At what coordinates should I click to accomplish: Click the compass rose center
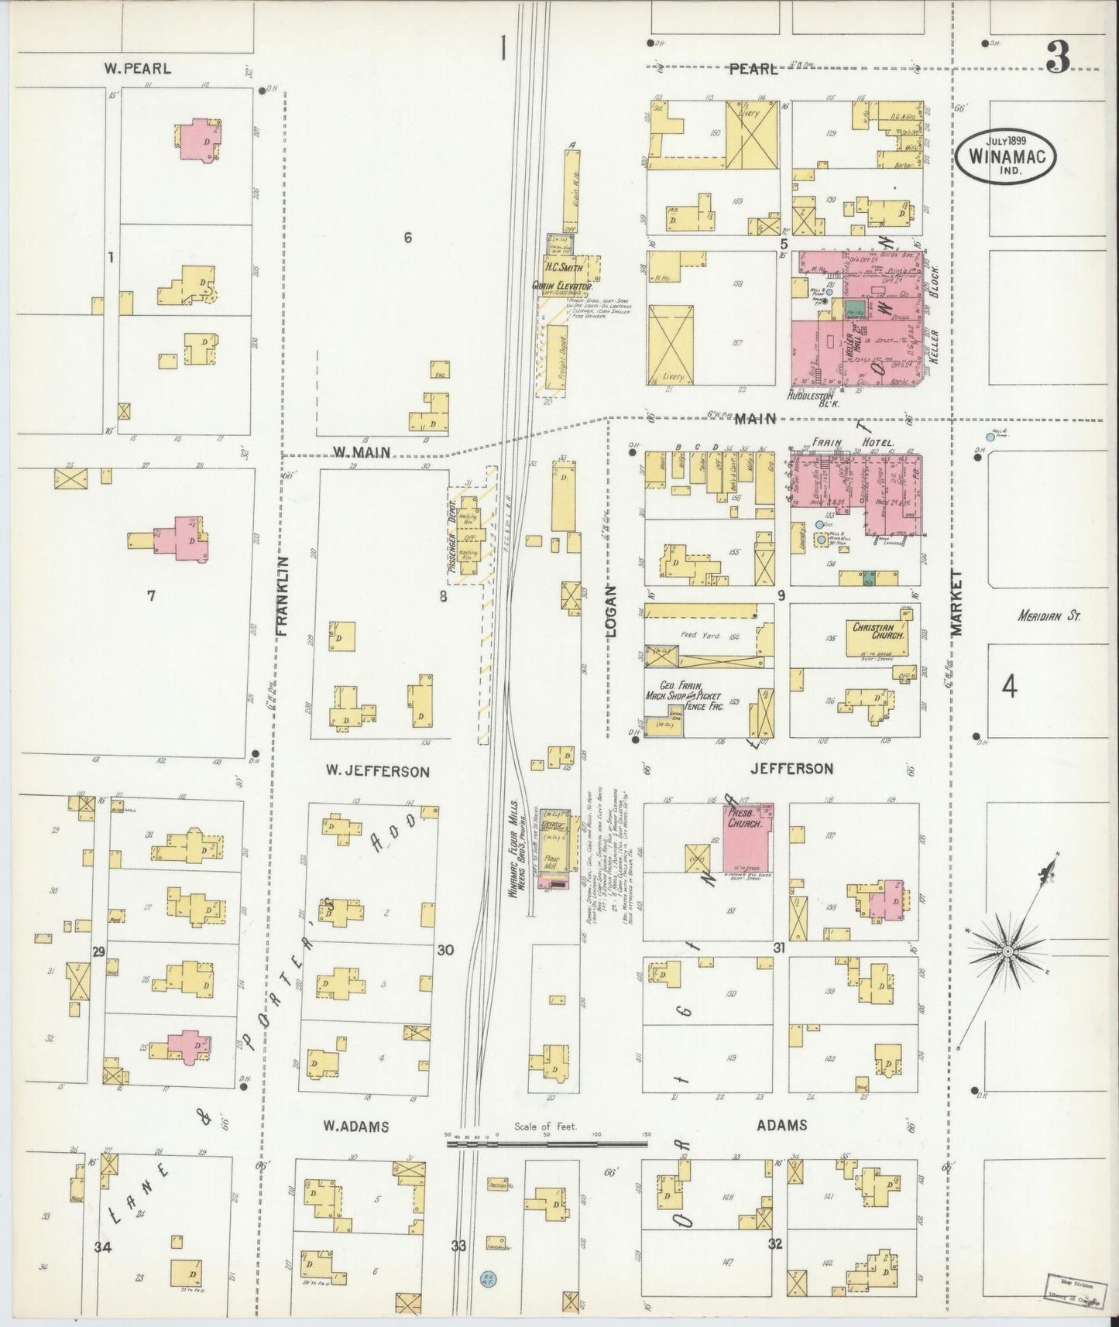[x=1007, y=950]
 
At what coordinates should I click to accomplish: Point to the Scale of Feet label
[x=545, y=1127]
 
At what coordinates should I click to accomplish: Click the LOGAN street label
[x=609, y=609]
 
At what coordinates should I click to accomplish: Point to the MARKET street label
[x=957, y=602]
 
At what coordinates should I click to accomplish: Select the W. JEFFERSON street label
[x=377, y=771]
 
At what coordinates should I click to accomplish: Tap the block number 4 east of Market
[x=1008, y=686]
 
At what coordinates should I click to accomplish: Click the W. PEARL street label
[x=138, y=68]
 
